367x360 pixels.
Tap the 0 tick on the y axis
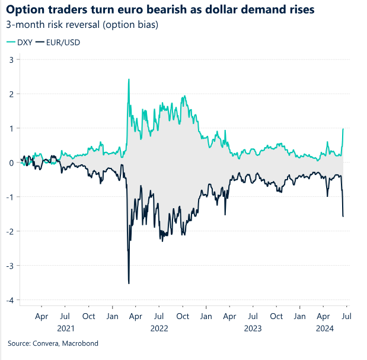pyautogui.click(x=11, y=163)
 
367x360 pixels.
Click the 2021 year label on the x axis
pyautogui.click(x=66, y=328)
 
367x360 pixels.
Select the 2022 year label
pyautogui.click(x=159, y=328)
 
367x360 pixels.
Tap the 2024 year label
pyautogui.click(x=323, y=328)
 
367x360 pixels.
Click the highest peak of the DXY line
pyautogui.click(x=129, y=79)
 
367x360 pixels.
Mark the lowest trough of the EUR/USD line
pyautogui.click(x=129, y=283)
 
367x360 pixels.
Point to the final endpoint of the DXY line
pyautogui.click(x=343, y=129)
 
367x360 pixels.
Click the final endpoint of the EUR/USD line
pyautogui.click(x=343, y=216)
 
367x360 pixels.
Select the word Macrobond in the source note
pyautogui.click(x=79, y=343)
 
